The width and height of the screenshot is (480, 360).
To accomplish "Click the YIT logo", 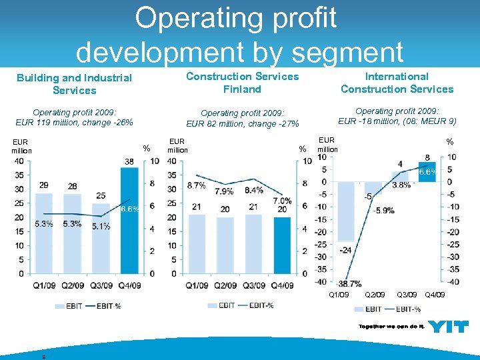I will (448, 327).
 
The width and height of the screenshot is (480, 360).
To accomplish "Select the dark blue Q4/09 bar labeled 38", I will (129, 220).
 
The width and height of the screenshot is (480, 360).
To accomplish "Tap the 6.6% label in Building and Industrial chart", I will (129, 209).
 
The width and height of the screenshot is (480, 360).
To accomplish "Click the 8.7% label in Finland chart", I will (197, 185).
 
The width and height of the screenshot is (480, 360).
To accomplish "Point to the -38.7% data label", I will (349, 283).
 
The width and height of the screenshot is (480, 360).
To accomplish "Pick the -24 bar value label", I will (345, 250).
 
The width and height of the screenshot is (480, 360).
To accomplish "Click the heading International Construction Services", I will (397, 83).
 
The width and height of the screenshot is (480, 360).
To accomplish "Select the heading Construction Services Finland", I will (243, 83).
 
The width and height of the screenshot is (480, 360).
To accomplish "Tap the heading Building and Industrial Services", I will (74, 84).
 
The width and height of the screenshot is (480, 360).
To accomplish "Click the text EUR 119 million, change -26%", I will (74, 123).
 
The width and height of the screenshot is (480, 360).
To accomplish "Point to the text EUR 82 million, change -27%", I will (243, 123).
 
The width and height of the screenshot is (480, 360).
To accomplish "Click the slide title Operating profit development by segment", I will (240, 35).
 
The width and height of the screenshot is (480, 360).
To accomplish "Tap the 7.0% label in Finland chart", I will (282, 201).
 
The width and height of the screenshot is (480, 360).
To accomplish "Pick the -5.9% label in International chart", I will (384, 210).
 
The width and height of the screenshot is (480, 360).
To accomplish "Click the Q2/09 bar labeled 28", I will (72, 234).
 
